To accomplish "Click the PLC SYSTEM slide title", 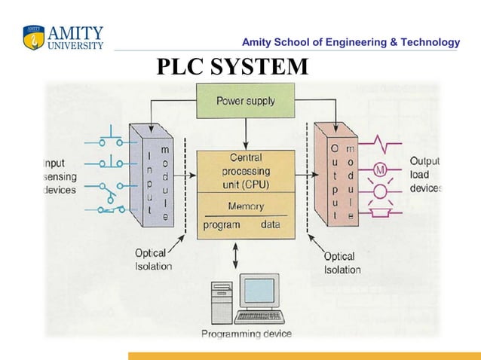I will click(232, 67).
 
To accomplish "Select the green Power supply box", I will click(245, 100).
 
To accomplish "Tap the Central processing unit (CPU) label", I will click(245, 171).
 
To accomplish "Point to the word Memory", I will click(245, 206).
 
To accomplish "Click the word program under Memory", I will click(222, 224).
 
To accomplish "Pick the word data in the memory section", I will click(270, 224).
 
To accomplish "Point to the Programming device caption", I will click(246, 334).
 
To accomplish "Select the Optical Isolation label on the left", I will click(153, 260).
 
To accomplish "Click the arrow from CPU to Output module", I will click(305, 174).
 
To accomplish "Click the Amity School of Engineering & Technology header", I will click(351, 42).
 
